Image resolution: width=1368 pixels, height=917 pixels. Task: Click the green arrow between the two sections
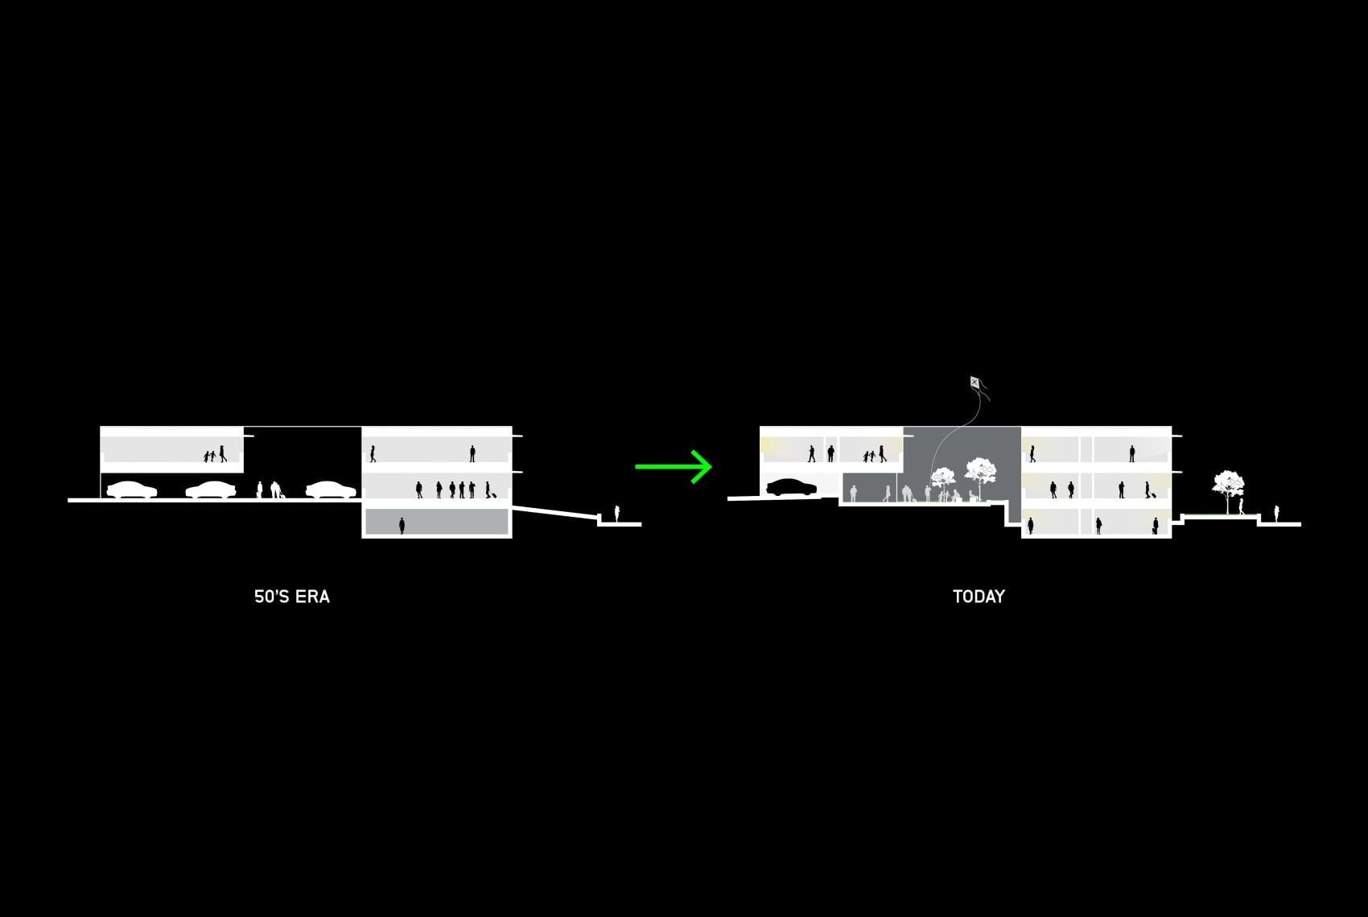[x=674, y=466]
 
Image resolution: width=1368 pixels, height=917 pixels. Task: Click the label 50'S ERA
[x=291, y=597]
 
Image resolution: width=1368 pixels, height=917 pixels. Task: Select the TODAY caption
[x=979, y=597]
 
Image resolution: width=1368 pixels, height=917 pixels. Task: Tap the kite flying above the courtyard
[x=975, y=383]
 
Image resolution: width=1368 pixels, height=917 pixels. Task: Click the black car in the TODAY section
[x=791, y=487]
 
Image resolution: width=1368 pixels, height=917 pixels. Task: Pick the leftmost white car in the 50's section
[x=132, y=489]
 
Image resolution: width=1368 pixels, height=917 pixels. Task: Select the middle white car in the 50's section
[x=211, y=489]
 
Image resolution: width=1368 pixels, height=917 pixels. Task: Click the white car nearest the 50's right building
[x=330, y=489]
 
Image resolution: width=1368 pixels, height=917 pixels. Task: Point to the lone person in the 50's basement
[x=402, y=526]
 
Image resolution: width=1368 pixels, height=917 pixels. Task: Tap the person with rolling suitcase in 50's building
[x=488, y=489]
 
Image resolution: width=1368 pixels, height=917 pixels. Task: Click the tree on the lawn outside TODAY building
[x=1227, y=488]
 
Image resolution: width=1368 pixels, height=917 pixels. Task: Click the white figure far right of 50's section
[x=617, y=513]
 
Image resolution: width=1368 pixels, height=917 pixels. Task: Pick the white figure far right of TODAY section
[x=1276, y=513]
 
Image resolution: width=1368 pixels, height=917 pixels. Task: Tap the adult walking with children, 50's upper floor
[x=222, y=453]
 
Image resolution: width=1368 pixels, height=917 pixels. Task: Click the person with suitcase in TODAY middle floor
[x=1148, y=489]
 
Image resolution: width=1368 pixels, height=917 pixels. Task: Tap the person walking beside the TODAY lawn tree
[x=1241, y=506]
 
